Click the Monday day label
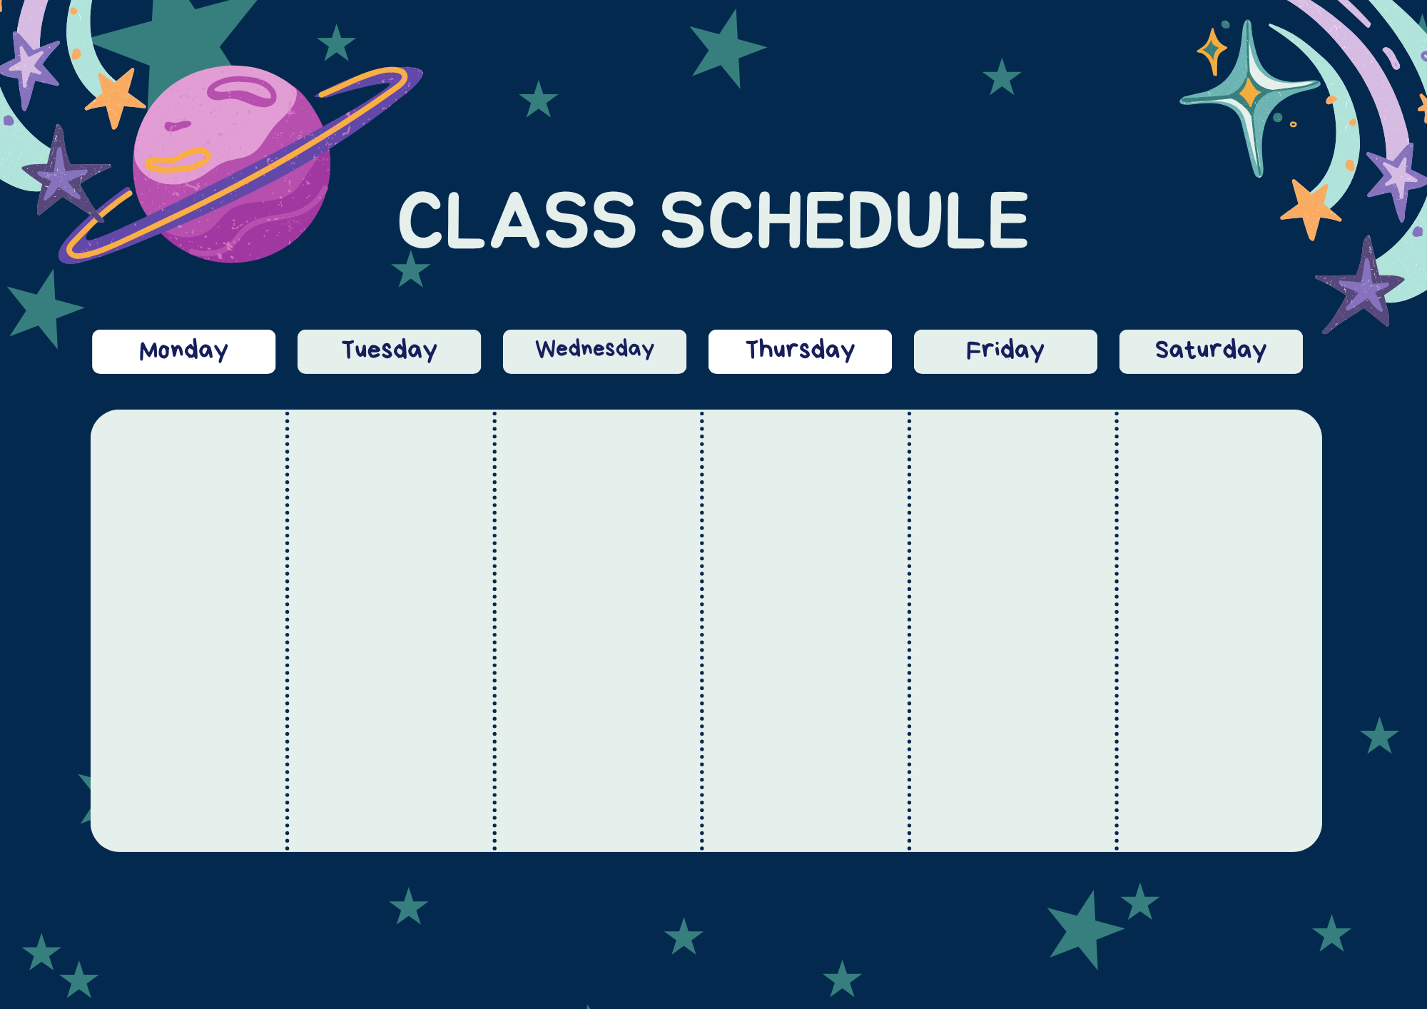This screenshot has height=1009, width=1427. click(183, 351)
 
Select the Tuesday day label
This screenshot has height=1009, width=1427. click(389, 351)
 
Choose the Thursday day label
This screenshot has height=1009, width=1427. click(800, 351)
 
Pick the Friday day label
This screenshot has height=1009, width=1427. click(1005, 351)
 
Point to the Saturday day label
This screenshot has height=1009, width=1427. click(1211, 351)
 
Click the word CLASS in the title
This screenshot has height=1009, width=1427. click(517, 220)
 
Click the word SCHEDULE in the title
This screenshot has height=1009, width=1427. click(845, 220)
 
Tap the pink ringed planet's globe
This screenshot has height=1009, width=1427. click(232, 164)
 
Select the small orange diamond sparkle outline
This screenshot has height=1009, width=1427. click(1212, 51)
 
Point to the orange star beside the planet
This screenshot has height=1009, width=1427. click(115, 98)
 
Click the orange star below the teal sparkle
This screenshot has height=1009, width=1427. click(1311, 209)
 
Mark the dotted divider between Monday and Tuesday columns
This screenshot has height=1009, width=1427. click(288, 631)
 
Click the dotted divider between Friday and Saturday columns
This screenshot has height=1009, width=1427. click(1117, 631)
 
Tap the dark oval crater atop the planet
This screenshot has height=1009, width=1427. click(243, 91)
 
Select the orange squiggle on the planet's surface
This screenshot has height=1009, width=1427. click(177, 161)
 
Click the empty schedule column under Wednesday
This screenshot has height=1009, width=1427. click(598, 631)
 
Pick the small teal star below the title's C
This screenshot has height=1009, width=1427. click(411, 269)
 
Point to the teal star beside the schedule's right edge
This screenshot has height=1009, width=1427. click(1379, 736)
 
